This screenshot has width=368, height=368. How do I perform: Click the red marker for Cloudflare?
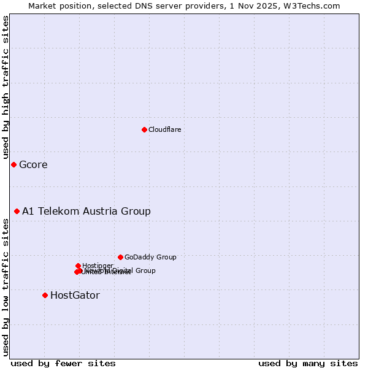[x=144, y=129]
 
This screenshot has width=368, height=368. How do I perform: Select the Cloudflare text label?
[x=164, y=129]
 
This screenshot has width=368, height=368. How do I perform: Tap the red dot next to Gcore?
[x=13, y=164]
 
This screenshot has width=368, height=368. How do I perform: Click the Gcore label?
[x=33, y=164]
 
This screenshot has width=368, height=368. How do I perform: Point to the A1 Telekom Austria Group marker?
[x=17, y=211]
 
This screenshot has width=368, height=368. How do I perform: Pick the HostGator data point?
[x=45, y=295]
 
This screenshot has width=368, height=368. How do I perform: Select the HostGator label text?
[x=75, y=295]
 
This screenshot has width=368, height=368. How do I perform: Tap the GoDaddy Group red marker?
[x=120, y=257]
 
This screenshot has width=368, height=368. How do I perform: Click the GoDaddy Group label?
[x=150, y=257]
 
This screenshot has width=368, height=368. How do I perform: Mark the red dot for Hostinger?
[x=78, y=266]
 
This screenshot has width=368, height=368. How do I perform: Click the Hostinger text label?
[x=98, y=266]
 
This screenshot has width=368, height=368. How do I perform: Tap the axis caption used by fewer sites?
[x=63, y=363]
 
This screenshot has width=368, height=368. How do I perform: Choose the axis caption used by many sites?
[x=308, y=363]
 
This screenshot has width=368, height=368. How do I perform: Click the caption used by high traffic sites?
[x=6, y=88]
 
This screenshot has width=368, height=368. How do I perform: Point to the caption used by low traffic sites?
[x=6, y=287]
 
